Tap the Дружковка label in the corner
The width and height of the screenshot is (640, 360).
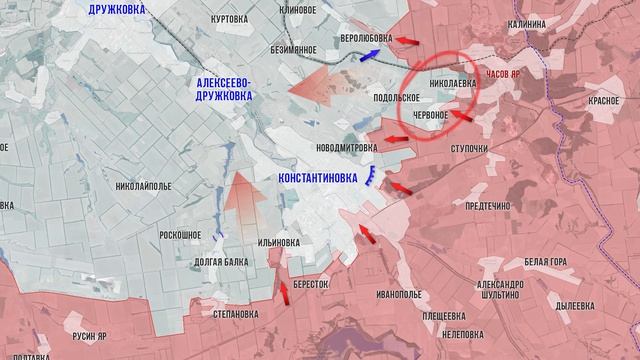coord(131,9)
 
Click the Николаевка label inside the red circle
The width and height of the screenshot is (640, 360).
coord(451,84)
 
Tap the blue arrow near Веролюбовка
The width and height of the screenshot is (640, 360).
coord(369,57)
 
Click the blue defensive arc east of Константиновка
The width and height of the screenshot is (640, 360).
coord(371,178)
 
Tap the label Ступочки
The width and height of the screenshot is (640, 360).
coord(468,149)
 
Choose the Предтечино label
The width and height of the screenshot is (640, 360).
coord(488,205)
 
